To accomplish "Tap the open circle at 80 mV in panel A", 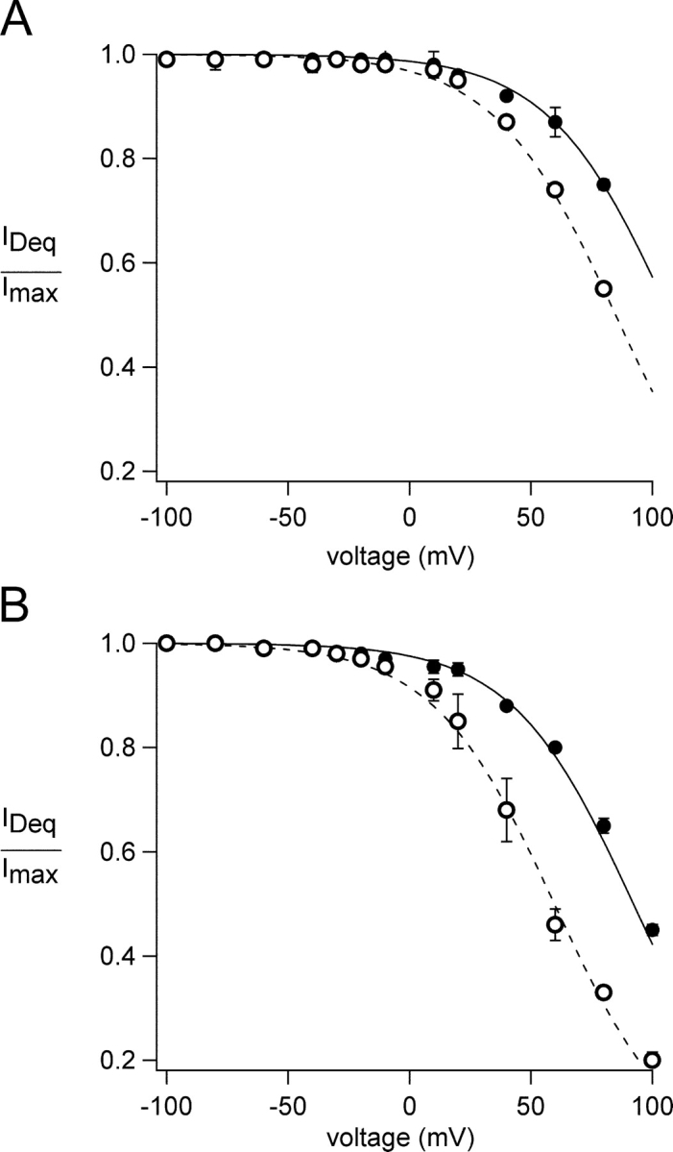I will coord(604,288).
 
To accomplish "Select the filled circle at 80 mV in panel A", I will coord(604,184).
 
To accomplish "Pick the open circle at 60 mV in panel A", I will coord(555,189).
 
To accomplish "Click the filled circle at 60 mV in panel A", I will coord(555,122).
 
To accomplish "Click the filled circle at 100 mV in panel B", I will coord(653,929).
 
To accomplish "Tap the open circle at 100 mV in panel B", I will coord(653,1060).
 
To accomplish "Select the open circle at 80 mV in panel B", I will coord(604,993).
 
